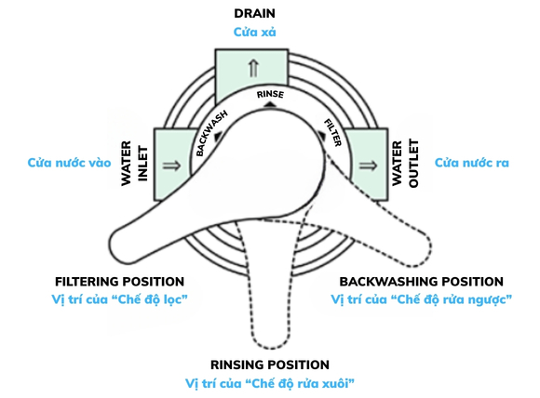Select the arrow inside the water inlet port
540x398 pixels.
point(171,164)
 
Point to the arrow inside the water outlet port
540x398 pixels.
point(368,165)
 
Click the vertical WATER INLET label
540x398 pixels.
point(136,164)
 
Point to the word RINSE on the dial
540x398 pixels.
point(269,95)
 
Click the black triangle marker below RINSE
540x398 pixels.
point(268,106)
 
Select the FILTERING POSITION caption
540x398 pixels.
point(119,281)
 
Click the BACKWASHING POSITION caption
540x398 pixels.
point(420,281)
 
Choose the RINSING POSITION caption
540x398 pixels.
point(270,365)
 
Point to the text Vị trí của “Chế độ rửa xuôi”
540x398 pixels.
point(270,383)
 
